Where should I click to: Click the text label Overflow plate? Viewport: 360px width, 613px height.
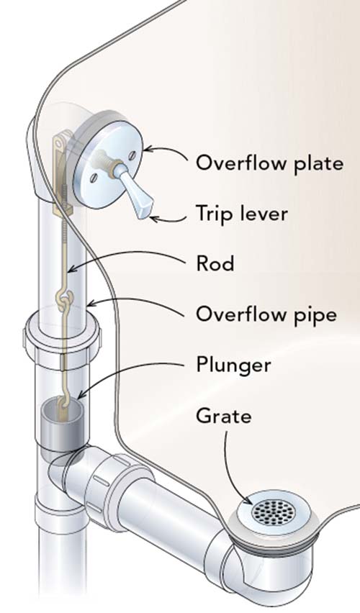(269, 163)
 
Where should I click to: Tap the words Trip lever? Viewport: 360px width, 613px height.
(243, 214)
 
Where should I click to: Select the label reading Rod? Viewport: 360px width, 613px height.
(215, 264)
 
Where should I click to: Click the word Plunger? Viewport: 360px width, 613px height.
(233, 365)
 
